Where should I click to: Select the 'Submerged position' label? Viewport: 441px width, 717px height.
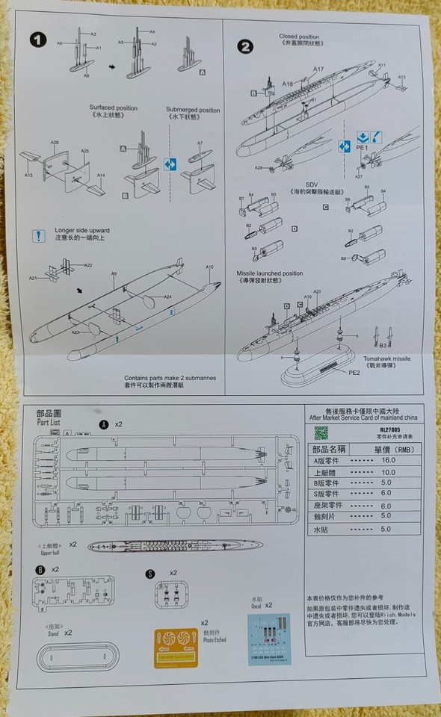click(x=193, y=110)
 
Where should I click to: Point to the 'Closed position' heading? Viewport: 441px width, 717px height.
click(x=299, y=36)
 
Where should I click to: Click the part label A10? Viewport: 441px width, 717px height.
click(x=209, y=267)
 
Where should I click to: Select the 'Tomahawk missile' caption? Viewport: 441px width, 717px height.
click(x=389, y=361)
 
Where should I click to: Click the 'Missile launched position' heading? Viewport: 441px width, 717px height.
click(x=270, y=276)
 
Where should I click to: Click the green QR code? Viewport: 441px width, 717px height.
click(x=320, y=432)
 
